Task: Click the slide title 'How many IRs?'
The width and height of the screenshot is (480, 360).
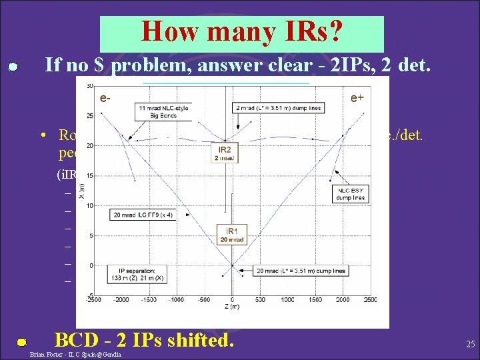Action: (x=241, y=32)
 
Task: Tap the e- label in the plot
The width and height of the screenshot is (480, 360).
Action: (x=105, y=98)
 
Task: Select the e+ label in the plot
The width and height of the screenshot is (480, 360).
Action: (x=357, y=98)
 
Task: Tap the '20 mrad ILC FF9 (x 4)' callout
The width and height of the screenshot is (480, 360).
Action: (x=142, y=215)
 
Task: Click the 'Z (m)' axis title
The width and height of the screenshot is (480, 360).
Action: (x=231, y=308)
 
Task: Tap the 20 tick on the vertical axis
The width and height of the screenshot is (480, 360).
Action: (x=89, y=145)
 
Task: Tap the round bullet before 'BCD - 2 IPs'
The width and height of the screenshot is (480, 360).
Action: (x=21, y=342)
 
